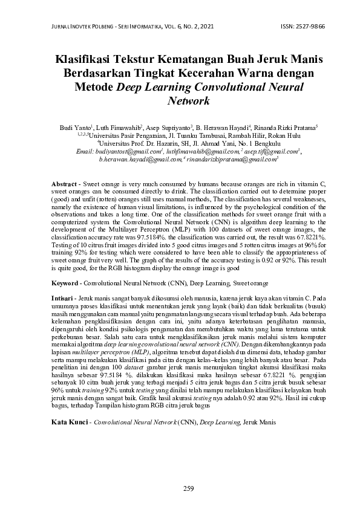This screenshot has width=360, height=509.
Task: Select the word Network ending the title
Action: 188,100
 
